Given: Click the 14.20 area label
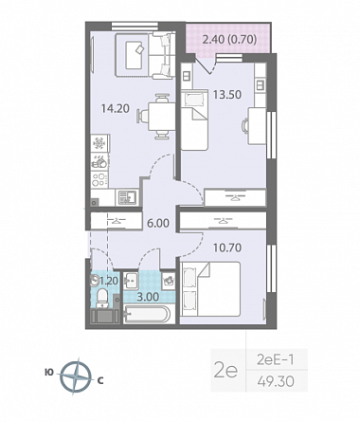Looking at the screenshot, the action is (116, 109).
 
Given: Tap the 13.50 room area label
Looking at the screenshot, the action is (227, 94).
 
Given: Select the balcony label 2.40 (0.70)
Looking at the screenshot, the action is (229, 40).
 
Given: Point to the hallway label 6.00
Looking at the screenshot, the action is (158, 223).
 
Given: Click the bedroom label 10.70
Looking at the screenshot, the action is (227, 248).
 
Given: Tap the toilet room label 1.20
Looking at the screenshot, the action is (109, 281).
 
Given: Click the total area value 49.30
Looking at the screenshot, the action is (276, 381).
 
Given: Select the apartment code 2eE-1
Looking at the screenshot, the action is (276, 359).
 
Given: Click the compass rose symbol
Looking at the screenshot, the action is (76, 376).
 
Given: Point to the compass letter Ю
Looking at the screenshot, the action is (49, 373).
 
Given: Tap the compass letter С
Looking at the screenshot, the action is (100, 381).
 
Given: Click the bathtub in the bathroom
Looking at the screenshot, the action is (148, 314).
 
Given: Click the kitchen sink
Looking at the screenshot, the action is (127, 197).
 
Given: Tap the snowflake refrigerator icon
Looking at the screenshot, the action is (99, 143).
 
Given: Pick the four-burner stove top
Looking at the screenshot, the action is (99, 179).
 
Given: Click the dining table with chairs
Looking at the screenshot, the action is (157, 116).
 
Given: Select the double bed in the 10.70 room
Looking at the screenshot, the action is (210, 288).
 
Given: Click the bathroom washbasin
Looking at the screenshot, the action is (131, 281).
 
